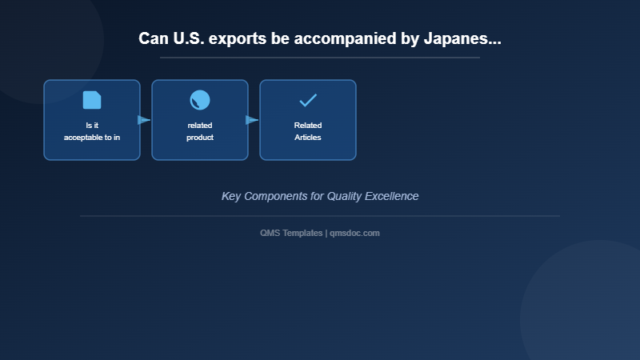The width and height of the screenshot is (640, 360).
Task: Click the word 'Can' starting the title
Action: point(153,38)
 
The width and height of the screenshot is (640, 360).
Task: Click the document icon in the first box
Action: point(92,100)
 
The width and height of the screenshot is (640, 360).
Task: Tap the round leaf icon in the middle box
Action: point(200,100)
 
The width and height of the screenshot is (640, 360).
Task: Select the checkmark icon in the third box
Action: point(308,100)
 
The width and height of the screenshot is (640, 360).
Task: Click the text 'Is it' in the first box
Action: point(92,126)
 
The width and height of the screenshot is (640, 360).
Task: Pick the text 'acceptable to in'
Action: point(92,138)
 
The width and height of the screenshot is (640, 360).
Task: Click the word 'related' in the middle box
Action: point(200,126)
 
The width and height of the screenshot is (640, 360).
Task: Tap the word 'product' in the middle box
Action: point(200,138)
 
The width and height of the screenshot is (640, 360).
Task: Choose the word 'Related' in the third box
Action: point(308,126)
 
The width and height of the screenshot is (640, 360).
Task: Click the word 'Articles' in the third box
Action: point(308,138)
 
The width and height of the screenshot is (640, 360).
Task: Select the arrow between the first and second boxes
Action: point(144,120)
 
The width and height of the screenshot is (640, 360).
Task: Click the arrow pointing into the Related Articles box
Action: point(252,120)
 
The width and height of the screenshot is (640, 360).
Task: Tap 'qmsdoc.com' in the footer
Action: point(354,233)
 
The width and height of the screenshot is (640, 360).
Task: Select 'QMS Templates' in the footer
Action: point(291,233)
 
